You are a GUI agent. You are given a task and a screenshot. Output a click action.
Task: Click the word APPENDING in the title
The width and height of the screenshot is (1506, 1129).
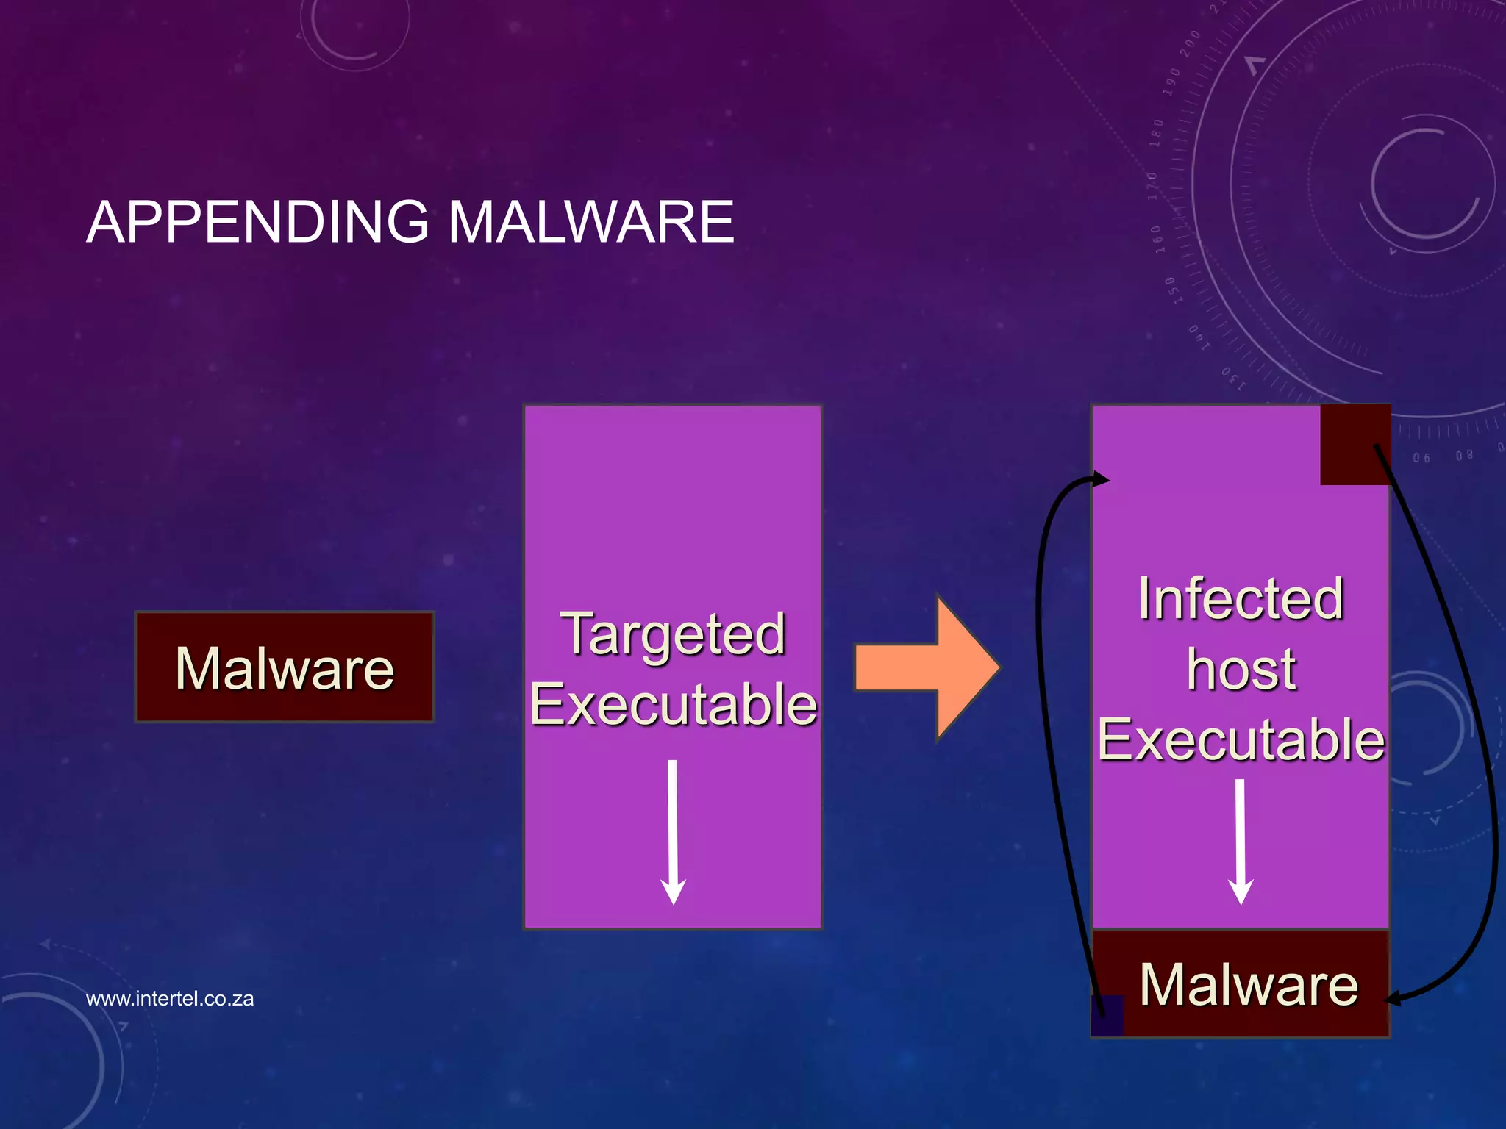[x=257, y=222]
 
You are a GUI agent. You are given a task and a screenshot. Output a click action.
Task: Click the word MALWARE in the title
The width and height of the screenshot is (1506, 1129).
[x=591, y=222]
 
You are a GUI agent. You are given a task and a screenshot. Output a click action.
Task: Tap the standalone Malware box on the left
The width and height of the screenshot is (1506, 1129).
[x=285, y=667]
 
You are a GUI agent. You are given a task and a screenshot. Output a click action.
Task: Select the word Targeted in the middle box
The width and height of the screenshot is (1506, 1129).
[x=673, y=634]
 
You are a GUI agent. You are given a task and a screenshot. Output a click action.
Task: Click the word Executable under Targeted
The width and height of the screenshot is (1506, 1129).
[x=673, y=704]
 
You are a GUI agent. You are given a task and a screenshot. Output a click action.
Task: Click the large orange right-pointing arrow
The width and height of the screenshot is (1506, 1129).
[x=928, y=667]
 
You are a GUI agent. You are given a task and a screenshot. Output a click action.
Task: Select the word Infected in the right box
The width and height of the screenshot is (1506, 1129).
[x=1241, y=598]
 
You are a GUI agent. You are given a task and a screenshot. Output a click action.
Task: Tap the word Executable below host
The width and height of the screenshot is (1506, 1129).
[x=1241, y=739]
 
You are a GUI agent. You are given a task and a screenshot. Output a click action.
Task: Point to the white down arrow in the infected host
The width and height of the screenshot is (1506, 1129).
[x=1241, y=842]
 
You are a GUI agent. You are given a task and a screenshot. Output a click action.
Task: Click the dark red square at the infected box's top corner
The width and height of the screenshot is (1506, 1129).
[x=1355, y=445]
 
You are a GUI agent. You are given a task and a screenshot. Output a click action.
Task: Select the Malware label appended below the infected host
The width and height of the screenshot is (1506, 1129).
[x=1249, y=985]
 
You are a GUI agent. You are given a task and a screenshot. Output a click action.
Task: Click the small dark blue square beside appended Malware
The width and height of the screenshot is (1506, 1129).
[x=1107, y=1016]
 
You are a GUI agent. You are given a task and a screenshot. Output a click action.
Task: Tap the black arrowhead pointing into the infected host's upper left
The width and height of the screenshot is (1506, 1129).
[x=1101, y=480]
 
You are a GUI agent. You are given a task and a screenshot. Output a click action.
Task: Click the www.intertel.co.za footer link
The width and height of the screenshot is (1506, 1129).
[x=170, y=999]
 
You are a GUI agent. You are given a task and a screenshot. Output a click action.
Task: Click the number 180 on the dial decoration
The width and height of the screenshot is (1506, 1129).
[x=1157, y=132]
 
